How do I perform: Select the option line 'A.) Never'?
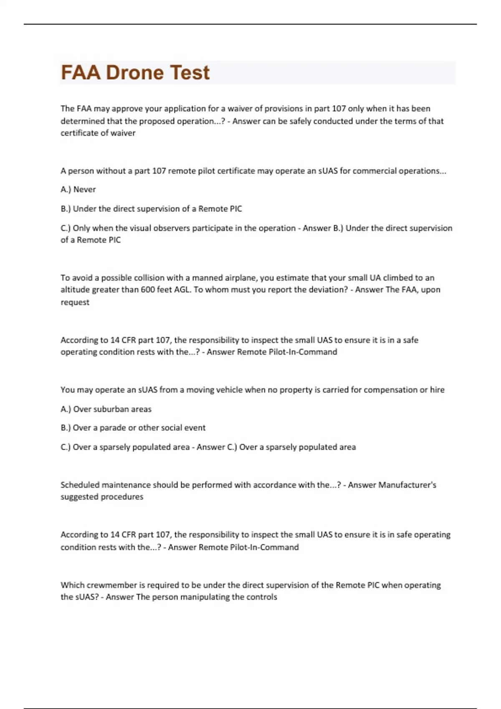(x=78, y=189)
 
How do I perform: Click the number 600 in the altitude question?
(x=148, y=289)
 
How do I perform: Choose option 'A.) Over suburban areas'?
(x=106, y=409)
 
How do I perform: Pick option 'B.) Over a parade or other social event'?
(x=133, y=428)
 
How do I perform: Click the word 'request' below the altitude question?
(x=75, y=302)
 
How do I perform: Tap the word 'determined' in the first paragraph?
(x=82, y=121)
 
